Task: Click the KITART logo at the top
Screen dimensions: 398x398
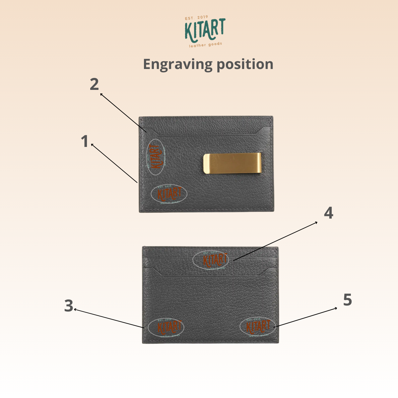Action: click(x=205, y=30)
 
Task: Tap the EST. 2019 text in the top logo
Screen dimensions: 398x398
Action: click(x=197, y=18)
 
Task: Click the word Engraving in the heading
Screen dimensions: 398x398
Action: click(x=176, y=64)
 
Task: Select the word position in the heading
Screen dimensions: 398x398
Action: click(x=245, y=64)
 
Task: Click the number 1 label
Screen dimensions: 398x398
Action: click(x=85, y=142)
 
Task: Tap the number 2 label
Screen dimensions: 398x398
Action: click(x=94, y=84)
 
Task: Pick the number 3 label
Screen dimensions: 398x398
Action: click(x=69, y=306)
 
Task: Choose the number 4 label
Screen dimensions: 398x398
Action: click(x=328, y=213)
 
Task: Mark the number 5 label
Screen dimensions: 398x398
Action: click(x=347, y=300)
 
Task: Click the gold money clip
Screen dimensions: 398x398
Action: click(x=232, y=164)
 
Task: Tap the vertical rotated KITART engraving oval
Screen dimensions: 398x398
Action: click(x=156, y=157)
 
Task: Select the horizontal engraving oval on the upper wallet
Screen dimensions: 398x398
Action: click(x=169, y=194)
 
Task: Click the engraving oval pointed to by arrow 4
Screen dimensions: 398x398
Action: click(x=211, y=260)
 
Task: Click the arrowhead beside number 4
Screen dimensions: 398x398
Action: click(x=316, y=222)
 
